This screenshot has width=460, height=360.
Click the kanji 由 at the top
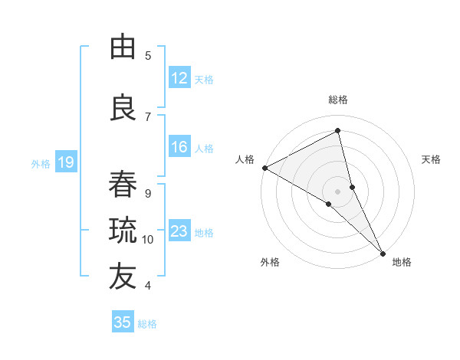(x=123, y=47)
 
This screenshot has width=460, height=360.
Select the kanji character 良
(x=123, y=108)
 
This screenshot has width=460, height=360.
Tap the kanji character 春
(x=123, y=185)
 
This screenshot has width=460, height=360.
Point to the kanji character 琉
(x=123, y=230)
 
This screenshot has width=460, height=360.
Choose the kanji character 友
(x=123, y=277)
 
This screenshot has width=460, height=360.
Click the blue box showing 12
(x=179, y=78)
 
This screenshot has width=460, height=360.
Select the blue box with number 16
(x=179, y=147)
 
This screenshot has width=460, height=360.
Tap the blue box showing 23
(x=179, y=231)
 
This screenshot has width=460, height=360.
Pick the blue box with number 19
(x=66, y=162)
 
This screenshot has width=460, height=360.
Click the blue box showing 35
(x=123, y=322)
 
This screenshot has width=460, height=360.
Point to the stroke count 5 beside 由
(x=148, y=55)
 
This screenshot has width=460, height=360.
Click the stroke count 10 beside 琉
(x=148, y=240)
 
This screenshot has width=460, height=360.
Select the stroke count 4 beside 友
(x=148, y=286)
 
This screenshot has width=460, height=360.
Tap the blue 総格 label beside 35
(x=147, y=324)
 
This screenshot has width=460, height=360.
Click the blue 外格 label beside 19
(x=41, y=163)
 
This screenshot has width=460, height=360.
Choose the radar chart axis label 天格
(x=431, y=159)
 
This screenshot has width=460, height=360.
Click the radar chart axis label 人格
(x=245, y=159)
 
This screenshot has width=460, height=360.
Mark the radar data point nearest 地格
(x=383, y=250)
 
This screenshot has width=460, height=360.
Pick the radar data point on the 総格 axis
(x=338, y=130)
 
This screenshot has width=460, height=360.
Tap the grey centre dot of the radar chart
(x=337, y=191)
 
